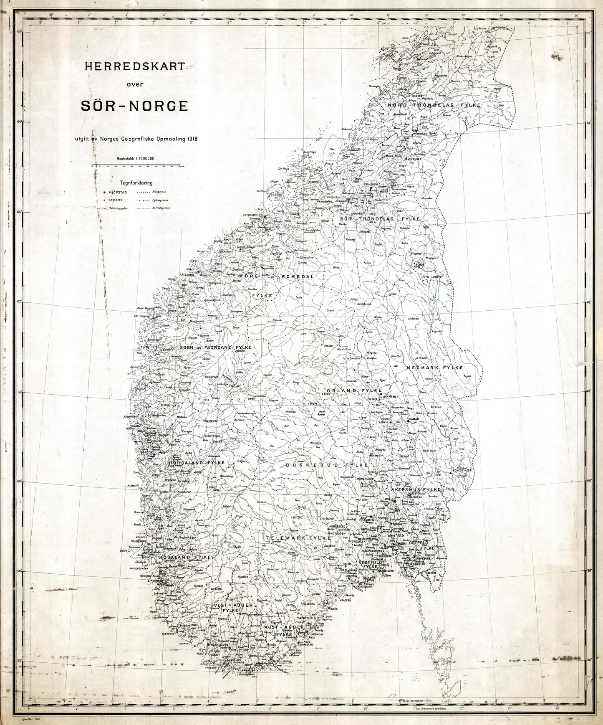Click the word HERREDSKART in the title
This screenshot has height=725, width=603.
134,66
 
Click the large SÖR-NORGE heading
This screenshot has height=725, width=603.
134,106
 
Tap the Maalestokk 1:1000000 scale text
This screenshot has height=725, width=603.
136,158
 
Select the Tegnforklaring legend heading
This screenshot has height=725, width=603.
136,183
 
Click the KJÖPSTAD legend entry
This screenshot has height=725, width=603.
117,193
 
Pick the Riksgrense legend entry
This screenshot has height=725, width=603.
161,193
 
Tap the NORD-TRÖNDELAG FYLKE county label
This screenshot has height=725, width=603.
434,106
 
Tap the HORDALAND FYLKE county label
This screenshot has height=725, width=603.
197,463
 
